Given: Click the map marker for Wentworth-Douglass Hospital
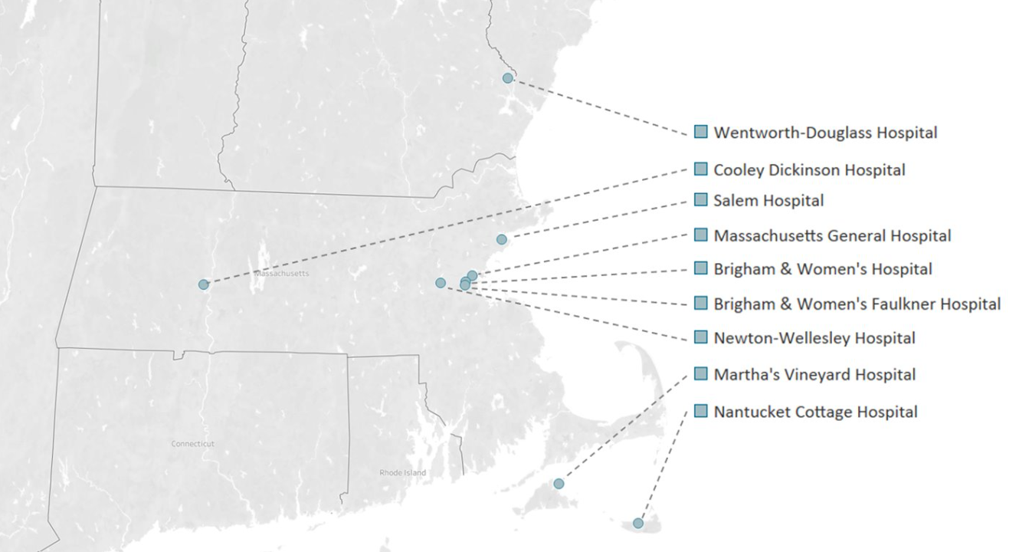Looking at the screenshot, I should click(x=507, y=78).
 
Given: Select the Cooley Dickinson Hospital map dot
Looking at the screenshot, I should click(x=203, y=284).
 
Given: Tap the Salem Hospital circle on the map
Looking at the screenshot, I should click(x=501, y=239).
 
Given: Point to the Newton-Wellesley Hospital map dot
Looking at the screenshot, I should click(x=441, y=283).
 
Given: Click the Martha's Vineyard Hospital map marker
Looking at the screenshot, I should click(x=559, y=484).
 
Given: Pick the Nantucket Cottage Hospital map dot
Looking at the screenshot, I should click(x=638, y=524).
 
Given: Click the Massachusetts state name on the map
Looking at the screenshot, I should click(x=282, y=274).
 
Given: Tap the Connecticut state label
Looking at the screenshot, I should click(x=193, y=444).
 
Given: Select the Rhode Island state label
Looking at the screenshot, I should click(x=403, y=473).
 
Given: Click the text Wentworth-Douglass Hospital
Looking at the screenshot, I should click(x=825, y=133).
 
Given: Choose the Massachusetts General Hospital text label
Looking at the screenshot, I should click(x=832, y=236).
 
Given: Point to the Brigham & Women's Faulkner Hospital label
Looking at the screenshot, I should click(x=857, y=304).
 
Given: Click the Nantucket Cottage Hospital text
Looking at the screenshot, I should click(x=815, y=412).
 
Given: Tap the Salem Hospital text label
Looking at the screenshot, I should click(x=768, y=201).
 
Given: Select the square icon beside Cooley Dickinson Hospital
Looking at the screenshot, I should click(x=700, y=169).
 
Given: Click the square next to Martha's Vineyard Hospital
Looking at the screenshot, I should click(x=700, y=373).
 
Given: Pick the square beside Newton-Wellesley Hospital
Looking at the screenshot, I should click(x=700, y=337).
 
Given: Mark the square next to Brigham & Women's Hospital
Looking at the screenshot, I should click(x=700, y=268).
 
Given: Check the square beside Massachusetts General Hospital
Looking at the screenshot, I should click(x=700, y=234).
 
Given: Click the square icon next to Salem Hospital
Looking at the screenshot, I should click(x=700, y=199).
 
